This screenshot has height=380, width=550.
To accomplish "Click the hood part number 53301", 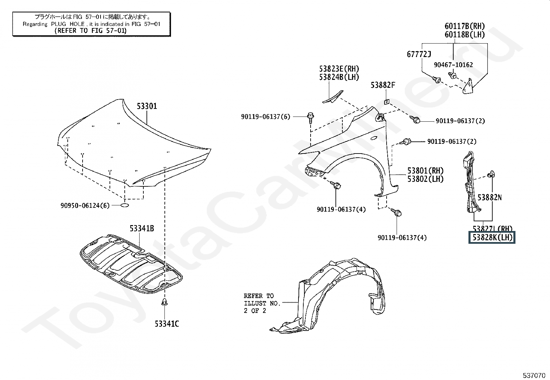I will point(147,106).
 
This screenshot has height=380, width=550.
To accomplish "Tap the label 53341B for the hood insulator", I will point(142,228).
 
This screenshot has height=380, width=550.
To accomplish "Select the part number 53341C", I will point(167,324).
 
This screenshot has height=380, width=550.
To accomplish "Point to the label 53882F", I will point(383,85).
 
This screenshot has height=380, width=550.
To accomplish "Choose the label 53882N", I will point(490,197).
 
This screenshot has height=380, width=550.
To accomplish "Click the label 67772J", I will point(419,54).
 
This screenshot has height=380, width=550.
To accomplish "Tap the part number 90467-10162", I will point(454,65).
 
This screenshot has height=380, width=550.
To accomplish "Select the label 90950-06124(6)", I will point(85,206).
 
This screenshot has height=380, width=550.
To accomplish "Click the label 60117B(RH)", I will point(465,26).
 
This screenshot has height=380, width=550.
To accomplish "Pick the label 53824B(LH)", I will point(339,77).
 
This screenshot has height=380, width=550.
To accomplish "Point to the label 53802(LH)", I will point(425,179).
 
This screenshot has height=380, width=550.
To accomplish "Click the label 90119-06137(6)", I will point(266,117).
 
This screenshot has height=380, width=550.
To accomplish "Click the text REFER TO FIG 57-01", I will point(91,30).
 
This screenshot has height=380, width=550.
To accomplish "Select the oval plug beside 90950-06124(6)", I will point(124,205).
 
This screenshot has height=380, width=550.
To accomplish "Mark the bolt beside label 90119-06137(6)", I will point(310,117).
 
